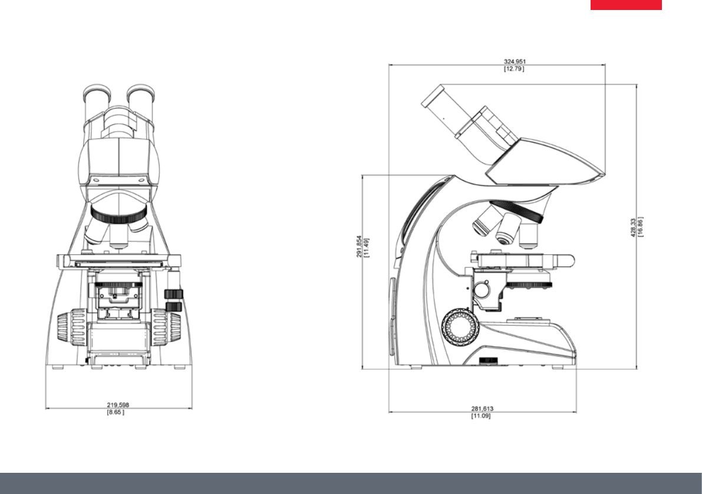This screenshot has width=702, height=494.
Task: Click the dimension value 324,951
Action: coord(515,62)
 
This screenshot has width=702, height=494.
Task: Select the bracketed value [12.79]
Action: coord(514,69)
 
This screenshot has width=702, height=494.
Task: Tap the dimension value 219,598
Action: coord(118,405)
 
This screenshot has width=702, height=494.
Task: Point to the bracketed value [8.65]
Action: coord(116,412)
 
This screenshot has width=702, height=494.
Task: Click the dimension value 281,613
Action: coord(482,409)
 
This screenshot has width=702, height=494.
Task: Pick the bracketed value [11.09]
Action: coord(481,416)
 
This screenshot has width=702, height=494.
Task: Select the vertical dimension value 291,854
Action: coord(359,246)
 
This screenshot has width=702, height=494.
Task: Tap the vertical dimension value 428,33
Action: coord(633,227)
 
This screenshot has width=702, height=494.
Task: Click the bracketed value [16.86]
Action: coord(640,227)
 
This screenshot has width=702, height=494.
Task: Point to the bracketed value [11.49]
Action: coord(367,248)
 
